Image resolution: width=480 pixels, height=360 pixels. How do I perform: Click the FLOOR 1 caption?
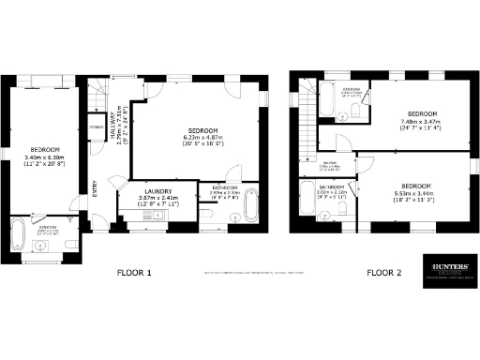pos(134,273)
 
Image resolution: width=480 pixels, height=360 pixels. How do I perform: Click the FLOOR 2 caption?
pos(384,273)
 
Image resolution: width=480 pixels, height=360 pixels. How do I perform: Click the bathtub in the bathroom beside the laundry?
pos(247,215)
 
